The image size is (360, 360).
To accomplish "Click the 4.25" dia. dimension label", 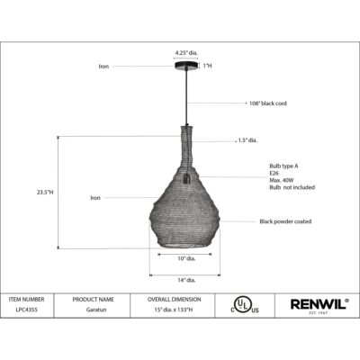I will point(187,52).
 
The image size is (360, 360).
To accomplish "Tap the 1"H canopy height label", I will point(207,66).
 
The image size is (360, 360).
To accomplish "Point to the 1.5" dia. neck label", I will point(248,139).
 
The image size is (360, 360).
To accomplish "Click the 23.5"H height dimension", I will point(45,192).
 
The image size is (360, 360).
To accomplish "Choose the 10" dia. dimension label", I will point(187,258).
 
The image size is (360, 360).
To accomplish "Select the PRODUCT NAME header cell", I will point(93,299).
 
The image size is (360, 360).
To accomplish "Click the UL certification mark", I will point(240,305).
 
